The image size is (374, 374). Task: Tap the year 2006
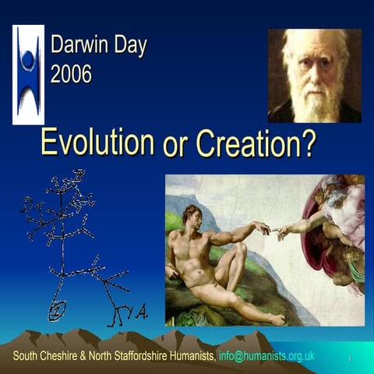pos(71,74)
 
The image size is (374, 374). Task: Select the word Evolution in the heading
pos(97,143)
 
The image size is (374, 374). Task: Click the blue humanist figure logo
pos(28,74)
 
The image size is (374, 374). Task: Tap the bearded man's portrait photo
pos(314,76)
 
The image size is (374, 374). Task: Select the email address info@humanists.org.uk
pos(266,356)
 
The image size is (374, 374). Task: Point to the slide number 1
pos(350,358)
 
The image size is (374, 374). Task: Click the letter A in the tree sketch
pos(141,313)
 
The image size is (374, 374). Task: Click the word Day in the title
pos(129,44)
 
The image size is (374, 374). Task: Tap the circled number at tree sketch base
pos(57,311)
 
